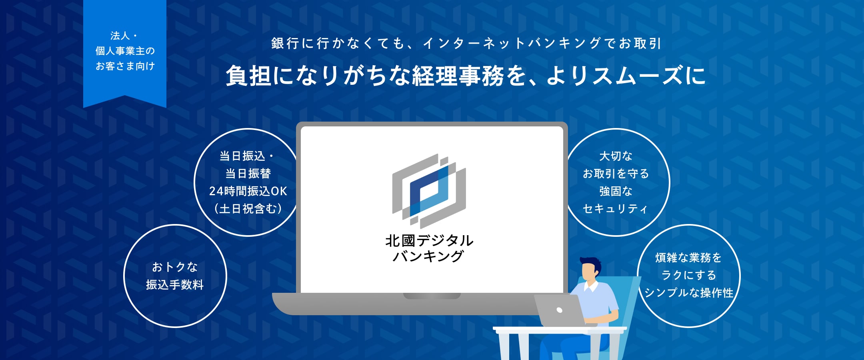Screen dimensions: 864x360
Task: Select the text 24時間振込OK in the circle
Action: pyautogui.click(x=248, y=191)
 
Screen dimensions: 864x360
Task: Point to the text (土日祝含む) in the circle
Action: pyautogui.click(x=248, y=209)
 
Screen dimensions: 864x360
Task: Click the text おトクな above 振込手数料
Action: pyautogui.click(x=175, y=267)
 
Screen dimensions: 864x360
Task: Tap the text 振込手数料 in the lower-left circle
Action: pyautogui.click(x=175, y=285)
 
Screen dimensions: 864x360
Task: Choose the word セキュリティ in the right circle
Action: pyautogui.click(x=615, y=209)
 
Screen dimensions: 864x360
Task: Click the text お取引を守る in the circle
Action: pyautogui.click(x=616, y=174)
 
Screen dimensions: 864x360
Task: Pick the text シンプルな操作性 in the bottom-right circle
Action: pyautogui.click(x=689, y=293)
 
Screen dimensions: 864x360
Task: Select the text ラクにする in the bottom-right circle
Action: pyautogui.click(x=689, y=275)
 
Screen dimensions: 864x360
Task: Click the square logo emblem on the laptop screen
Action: pyautogui.click(x=429, y=191)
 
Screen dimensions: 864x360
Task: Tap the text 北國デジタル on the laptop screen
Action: pyautogui.click(x=429, y=241)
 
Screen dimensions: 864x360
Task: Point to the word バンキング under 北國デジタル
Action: pyautogui.click(x=428, y=256)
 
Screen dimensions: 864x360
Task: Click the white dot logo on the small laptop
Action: pyautogui.click(x=560, y=310)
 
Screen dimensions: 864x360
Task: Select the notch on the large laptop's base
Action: pyautogui.click(x=432, y=296)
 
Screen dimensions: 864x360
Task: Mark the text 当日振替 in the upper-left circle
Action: pyautogui.click(x=248, y=174)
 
